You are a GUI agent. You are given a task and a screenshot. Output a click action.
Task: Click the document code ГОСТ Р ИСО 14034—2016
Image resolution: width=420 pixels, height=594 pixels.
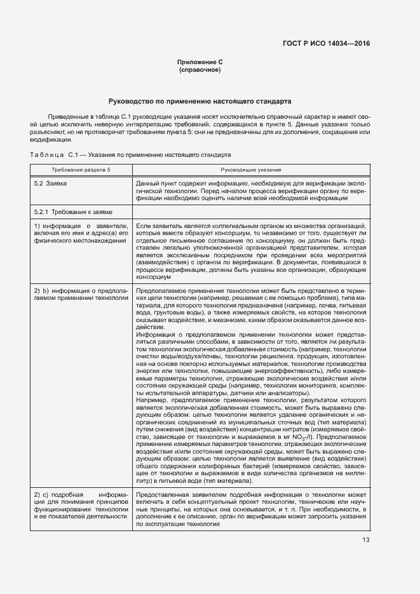326,43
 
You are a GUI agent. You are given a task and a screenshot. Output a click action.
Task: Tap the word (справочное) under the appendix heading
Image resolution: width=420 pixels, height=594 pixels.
200,70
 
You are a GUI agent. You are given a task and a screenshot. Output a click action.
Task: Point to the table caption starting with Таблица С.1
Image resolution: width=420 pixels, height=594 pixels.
130,154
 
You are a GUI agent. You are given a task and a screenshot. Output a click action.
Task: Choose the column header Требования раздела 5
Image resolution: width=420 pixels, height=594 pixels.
81,170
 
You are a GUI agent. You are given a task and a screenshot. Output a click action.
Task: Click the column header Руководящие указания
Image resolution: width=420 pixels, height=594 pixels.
251,170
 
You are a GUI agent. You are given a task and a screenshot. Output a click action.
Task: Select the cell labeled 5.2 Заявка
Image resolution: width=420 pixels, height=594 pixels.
50,183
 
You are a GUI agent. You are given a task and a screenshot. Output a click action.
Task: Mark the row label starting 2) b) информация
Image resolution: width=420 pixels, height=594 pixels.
81,295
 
